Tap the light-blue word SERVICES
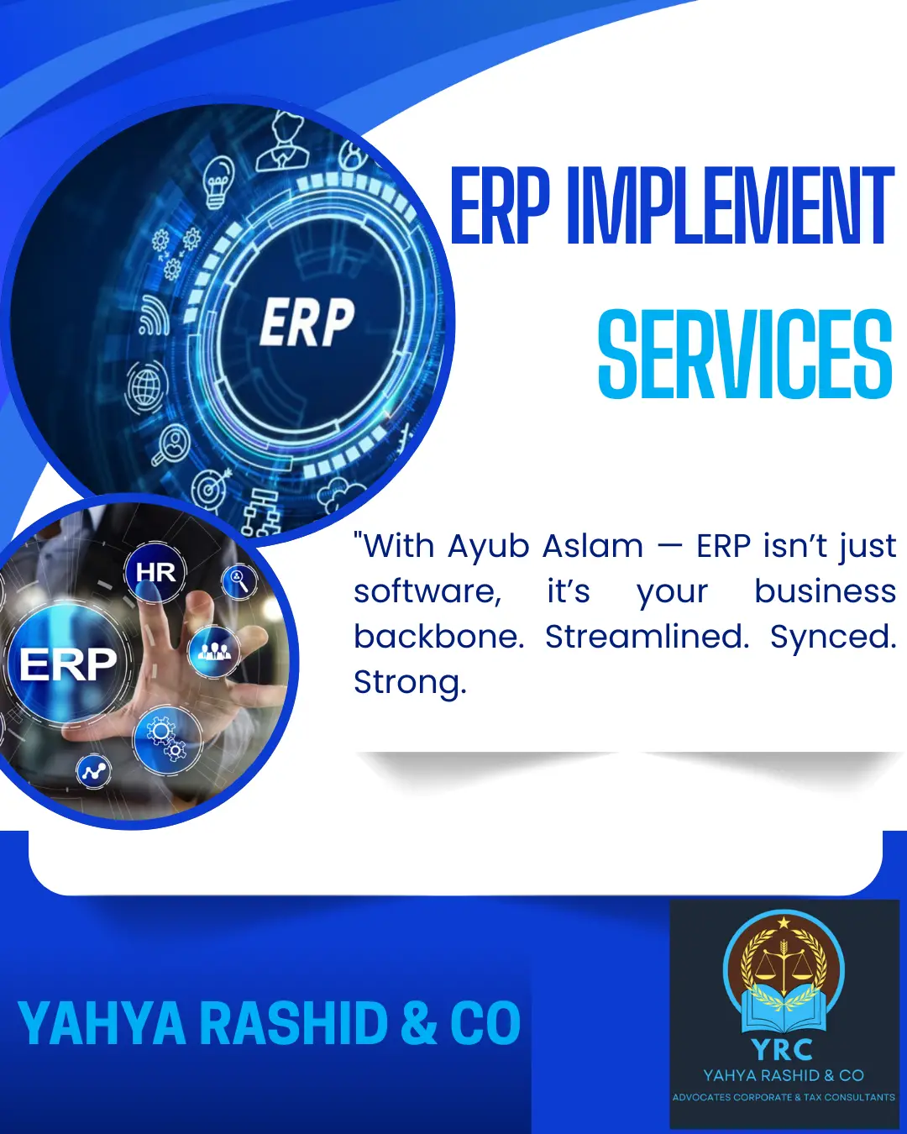click(745, 354)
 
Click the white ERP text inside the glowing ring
click(307, 322)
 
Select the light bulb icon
click(218, 182)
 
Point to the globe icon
click(146, 386)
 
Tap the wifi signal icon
click(154, 316)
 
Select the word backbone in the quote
click(438, 637)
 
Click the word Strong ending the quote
click(410, 683)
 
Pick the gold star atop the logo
click(784, 922)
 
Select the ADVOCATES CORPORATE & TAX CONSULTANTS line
click(784, 1098)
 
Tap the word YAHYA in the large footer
click(102, 1023)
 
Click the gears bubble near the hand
click(167, 740)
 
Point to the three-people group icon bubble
click(214, 651)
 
